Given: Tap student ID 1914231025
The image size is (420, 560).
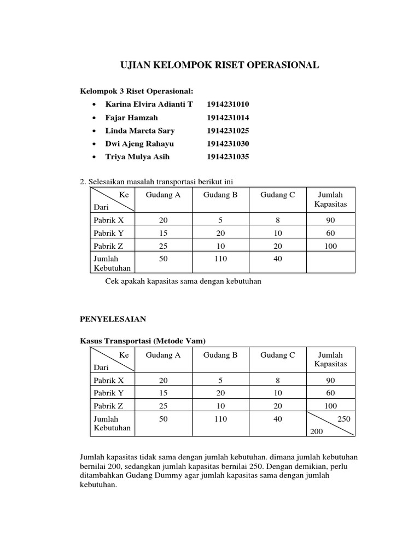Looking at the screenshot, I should [x=227, y=131].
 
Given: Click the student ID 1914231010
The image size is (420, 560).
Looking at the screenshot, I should [x=227, y=104].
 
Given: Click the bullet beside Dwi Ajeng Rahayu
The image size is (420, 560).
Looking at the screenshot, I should [x=95, y=144].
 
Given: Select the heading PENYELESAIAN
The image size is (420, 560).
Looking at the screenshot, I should [x=113, y=318].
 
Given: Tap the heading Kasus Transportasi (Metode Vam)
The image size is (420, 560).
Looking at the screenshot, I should [x=143, y=341].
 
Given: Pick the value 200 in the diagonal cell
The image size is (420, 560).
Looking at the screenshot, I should [x=317, y=431].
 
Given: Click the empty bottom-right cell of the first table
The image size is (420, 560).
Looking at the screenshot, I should [x=330, y=262].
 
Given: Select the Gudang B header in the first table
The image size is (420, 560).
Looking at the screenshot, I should [x=220, y=195].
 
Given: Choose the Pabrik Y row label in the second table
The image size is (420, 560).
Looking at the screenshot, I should [x=109, y=393].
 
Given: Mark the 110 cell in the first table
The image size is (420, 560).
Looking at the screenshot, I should [x=220, y=259].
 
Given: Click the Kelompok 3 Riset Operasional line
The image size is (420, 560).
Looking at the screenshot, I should [x=137, y=91].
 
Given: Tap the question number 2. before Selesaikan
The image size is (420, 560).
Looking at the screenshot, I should [x=83, y=182].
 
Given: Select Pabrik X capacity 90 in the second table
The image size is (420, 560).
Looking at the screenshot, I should [x=330, y=380].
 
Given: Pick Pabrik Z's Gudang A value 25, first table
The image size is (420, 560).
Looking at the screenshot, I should [x=163, y=246].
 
